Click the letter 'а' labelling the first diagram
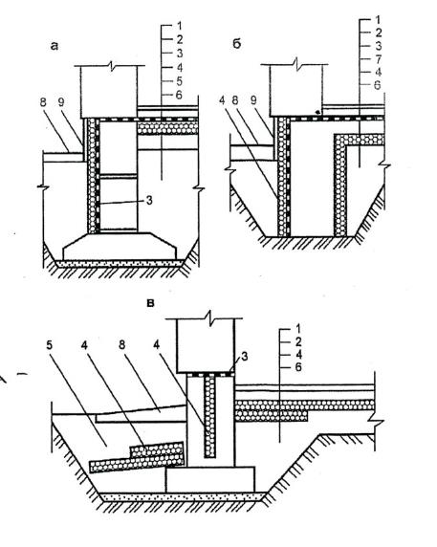(55, 46)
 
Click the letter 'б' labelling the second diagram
(237, 44)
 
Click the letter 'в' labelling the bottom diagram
(151, 303)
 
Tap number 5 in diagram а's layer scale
(179, 81)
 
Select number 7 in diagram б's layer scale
(378, 59)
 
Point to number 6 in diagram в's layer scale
(298, 367)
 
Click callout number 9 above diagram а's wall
(60, 102)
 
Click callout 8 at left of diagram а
(43, 102)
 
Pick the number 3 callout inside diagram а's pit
(149, 201)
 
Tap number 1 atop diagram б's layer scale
(378, 19)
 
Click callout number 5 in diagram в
(50, 345)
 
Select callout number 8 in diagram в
(121, 344)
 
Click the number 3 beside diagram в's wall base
(245, 357)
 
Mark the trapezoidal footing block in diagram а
(120, 247)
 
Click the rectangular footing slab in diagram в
(210, 480)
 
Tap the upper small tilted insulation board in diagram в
(157, 450)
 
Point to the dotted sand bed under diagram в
(183, 497)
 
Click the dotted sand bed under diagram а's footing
(120, 263)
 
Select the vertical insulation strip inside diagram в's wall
(209, 415)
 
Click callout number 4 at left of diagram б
(223, 100)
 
